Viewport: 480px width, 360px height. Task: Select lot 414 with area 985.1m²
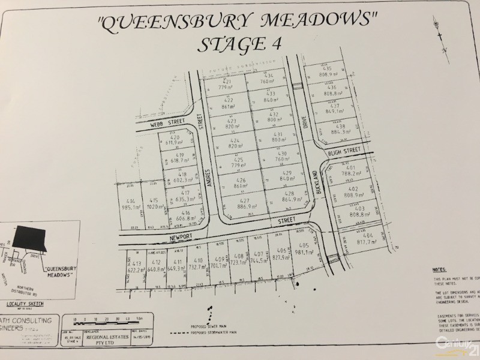pos(130,204)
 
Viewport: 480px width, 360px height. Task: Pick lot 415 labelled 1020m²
pos(154,204)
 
